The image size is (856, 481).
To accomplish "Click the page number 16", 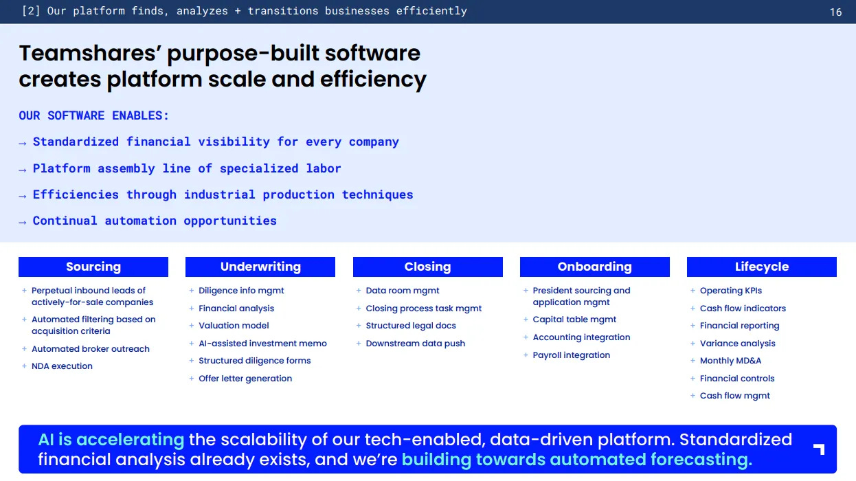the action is pyautogui.click(x=836, y=12).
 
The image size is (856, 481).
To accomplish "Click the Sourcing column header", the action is pyautogui.click(x=93, y=267).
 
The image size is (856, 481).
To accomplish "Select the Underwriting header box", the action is pyautogui.click(x=260, y=267).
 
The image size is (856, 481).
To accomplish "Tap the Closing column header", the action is pyautogui.click(x=427, y=267).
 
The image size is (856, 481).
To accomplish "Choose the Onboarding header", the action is pyautogui.click(x=595, y=267).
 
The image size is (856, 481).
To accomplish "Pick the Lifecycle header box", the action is pyautogui.click(x=762, y=267).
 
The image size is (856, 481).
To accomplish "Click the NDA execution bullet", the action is pyautogui.click(x=62, y=366).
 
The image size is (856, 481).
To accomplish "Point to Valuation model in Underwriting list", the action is pyautogui.click(x=234, y=326).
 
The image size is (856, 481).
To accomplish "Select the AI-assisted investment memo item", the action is pyautogui.click(x=262, y=344).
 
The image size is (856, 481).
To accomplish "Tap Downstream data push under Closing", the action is pyautogui.click(x=416, y=344).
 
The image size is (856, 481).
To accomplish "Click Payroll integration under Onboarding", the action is pyautogui.click(x=572, y=355).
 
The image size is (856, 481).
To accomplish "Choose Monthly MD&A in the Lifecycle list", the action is pyautogui.click(x=730, y=361).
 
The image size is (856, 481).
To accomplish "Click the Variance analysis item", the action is pyautogui.click(x=738, y=344).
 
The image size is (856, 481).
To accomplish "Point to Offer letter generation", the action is pyautogui.click(x=245, y=378).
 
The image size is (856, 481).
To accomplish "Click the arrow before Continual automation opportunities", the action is pyautogui.click(x=23, y=222).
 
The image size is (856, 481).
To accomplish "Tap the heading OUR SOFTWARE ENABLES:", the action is pyautogui.click(x=93, y=115).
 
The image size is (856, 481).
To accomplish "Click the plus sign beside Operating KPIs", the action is pyautogui.click(x=692, y=291).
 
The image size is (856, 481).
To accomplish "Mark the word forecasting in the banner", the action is pyautogui.click(x=701, y=460).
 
